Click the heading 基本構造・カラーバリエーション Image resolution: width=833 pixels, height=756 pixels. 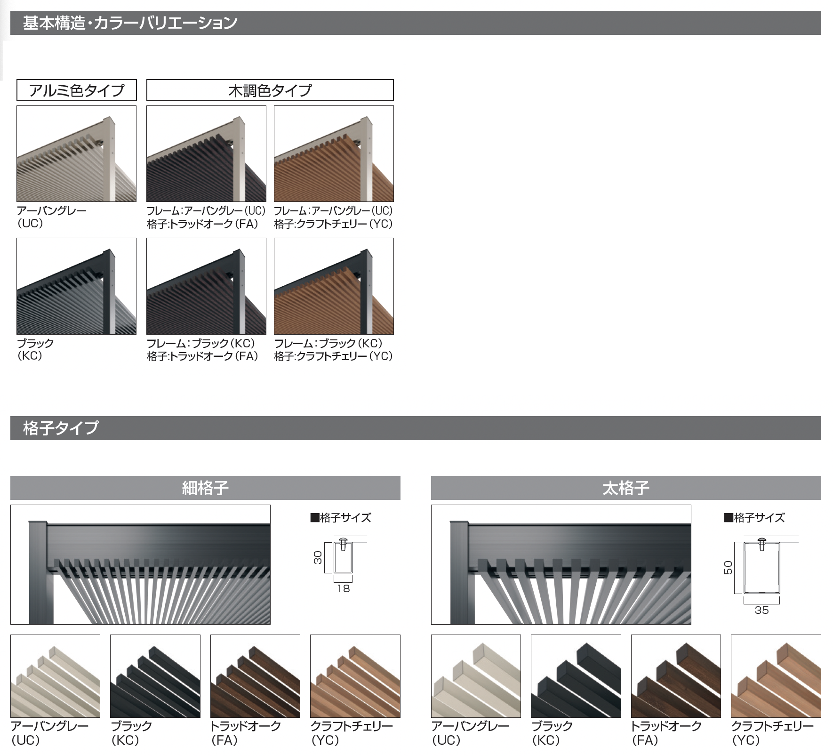[130, 23]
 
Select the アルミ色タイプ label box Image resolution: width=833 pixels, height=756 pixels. [77, 90]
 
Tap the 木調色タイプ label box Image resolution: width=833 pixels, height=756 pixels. [270, 90]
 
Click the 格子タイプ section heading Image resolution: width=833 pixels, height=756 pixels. [61, 428]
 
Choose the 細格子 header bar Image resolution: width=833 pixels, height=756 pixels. [205, 488]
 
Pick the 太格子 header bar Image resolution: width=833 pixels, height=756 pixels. [626, 488]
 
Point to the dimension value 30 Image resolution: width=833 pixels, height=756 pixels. [318, 558]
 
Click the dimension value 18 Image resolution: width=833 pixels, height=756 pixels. [344, 588]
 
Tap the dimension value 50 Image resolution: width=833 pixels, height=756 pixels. [728, 567]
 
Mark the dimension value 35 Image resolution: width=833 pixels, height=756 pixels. [761, 610]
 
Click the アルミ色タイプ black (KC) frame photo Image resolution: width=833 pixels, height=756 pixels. [77, 286]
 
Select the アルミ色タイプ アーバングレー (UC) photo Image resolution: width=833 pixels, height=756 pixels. [77, 154]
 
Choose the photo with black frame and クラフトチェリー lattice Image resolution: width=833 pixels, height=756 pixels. [334, 286]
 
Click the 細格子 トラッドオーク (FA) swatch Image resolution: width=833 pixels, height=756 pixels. [255, 676]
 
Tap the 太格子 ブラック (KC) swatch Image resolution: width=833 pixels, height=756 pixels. [576, 676]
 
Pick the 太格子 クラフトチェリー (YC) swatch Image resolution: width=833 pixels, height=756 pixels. [776, 676]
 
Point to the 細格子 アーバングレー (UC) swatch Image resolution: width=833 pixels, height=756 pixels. [55, 676]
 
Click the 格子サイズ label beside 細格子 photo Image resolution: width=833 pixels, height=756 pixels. [341, 518]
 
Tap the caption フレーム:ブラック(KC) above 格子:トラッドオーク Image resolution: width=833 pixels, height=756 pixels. [201, 343]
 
